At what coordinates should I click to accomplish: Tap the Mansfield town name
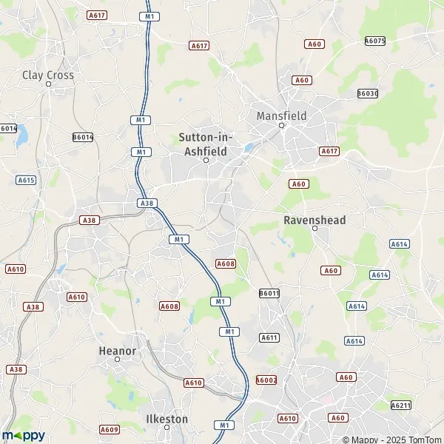coord(281,115)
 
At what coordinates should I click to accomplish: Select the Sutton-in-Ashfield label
coord(206,144)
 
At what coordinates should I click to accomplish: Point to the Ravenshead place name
coord(314,220)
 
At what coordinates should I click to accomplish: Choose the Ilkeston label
coord(167,418)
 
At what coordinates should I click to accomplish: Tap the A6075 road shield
coord(375,41)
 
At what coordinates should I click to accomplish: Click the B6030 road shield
coord(367,93)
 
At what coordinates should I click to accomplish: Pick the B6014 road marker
coord(83,137)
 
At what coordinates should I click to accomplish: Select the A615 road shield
coord(27,180)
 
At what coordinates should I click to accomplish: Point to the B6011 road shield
coord(269,294)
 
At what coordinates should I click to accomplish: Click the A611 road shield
coord(269,337)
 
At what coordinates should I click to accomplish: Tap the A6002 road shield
coord(266,380)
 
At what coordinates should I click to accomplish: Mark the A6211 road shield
coord(400,405)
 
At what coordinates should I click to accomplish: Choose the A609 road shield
coord(110,429)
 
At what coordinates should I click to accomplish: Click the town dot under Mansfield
coord(281,125)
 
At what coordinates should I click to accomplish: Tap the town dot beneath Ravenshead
coord(314,229)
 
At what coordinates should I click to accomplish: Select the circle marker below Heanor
coord(117,360)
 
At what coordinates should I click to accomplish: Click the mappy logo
coord(24,435)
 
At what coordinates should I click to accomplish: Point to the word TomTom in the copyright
coord(422,438)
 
